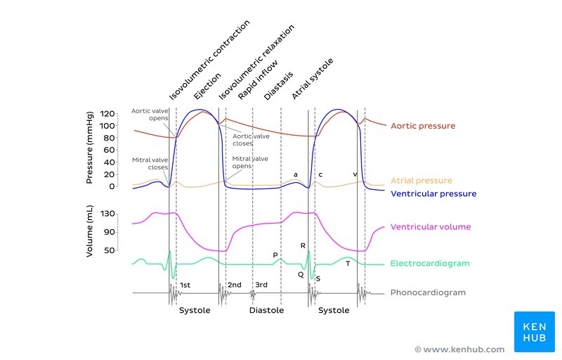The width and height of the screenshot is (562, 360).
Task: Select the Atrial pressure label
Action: (421, 181)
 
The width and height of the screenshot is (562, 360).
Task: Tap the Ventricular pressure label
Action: (433, 193)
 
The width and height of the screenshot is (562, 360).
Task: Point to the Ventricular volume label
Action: (431, 227)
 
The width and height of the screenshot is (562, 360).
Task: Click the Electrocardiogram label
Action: (429, 264)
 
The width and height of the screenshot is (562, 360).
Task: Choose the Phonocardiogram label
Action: (428, 292)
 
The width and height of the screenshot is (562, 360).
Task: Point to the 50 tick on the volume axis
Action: (110, 250)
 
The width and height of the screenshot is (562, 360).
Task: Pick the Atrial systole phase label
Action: (312, 79)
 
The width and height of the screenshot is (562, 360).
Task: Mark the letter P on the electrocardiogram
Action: (275, 255)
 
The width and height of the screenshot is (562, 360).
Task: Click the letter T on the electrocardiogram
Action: (347, 263)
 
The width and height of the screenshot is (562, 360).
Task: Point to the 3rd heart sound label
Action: (261, 285)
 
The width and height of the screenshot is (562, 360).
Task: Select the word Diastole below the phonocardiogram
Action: (266, 310)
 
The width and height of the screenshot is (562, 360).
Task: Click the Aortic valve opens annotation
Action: (150, 114)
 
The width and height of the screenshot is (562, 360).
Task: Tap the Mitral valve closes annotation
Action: (150, 164)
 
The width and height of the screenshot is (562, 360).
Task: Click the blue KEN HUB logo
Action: (535, 332)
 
